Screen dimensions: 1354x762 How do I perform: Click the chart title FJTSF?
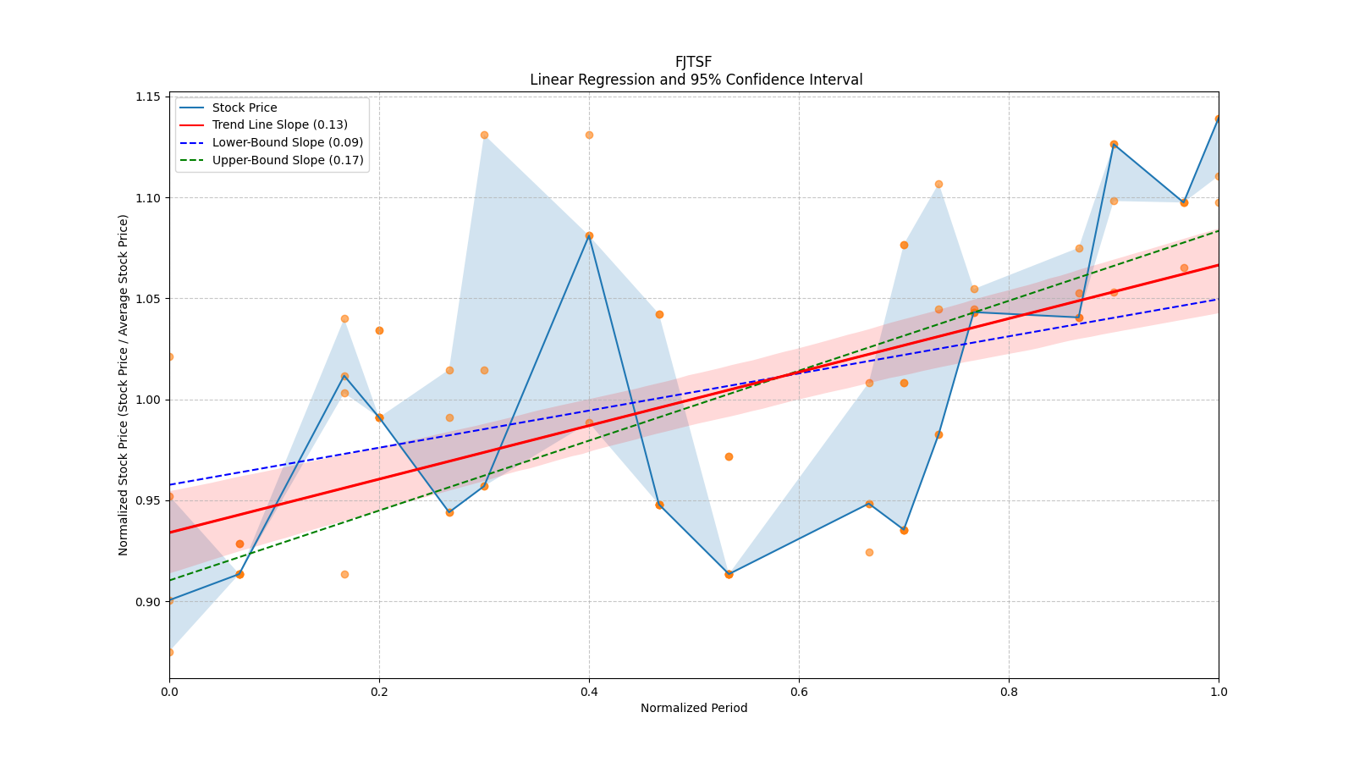coord(693,62)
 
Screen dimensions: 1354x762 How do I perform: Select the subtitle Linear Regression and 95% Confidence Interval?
coord(696,80)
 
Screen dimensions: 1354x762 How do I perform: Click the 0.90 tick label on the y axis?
coord(148,602)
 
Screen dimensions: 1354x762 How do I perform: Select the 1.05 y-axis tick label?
coord(148,299)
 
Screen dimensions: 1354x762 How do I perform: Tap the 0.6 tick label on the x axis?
coord(799,691)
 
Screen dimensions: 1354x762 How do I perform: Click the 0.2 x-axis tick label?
coord(379,691)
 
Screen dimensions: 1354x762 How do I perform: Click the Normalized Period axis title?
coord(694,708)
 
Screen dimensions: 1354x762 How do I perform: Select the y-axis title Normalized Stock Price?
coord(124,384)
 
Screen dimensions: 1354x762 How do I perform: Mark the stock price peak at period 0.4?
coord(589,236)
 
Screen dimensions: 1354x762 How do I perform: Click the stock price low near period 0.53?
coord(729,575)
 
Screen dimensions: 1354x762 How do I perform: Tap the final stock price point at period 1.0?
coord(1218,119)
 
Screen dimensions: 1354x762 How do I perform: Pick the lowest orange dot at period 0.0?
coord(170,653)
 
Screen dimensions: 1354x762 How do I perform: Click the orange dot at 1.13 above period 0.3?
coord(484,135)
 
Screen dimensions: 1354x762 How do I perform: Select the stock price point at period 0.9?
coord(1114,145)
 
